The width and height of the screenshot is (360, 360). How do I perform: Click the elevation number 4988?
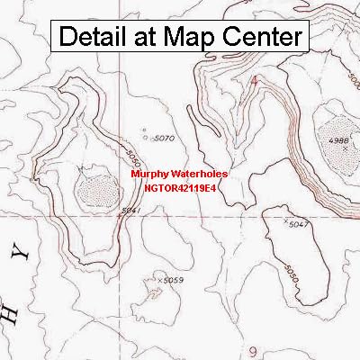point(337,140)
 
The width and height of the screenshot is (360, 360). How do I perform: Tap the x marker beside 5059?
point(159,281)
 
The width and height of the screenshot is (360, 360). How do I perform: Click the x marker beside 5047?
point(285,221)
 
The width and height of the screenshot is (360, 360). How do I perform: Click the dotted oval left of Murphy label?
point(92,189)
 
